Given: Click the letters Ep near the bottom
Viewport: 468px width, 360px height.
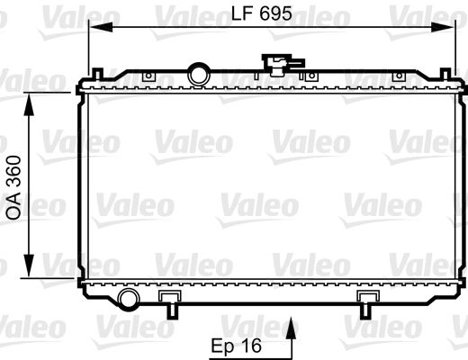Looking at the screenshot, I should tap(223, 344).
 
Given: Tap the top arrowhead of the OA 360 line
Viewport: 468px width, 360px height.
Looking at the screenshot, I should tap(34, 98).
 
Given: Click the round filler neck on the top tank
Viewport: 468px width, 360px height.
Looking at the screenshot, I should tap(198, 72).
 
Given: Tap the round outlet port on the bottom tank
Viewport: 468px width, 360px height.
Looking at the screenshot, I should tap(128, 299).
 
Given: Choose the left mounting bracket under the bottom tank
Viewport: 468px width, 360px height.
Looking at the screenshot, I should tap(168, 301).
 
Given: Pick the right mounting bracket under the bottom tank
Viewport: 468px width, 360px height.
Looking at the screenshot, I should tap(367, 301).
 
